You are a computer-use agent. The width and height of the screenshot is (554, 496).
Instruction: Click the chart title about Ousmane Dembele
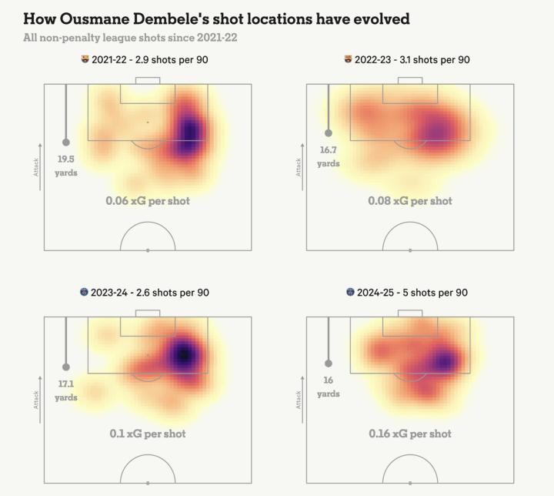click(x=216, y=18)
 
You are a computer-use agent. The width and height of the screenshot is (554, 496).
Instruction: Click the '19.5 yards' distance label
click(x=66, y=166)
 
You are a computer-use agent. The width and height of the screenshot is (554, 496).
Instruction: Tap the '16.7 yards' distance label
click(x=329, y=157)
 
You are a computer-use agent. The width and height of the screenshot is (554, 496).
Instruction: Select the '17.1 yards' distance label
click(x=66, y=390)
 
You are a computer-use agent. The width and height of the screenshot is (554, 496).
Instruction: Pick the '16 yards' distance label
click(x=329, y=387)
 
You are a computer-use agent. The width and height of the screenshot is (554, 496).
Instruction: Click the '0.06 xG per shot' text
click(x=148, y=201)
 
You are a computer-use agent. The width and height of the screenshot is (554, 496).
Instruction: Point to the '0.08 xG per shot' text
click(x=410, y=201)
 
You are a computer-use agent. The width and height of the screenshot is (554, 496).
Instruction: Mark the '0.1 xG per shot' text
click(x=148, y=434)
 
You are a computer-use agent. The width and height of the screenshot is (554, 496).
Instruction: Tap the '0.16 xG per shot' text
click(x=410, y=434)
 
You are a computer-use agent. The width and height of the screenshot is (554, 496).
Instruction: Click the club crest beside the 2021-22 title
click(x=85, y=59)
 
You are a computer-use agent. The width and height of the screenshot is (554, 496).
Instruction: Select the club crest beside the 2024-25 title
click(x=350, y=293)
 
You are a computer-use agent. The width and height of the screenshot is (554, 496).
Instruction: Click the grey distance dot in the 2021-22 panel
click(x=66, y=142)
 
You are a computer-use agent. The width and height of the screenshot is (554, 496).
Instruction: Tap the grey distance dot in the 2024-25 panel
click(x=329, y=364)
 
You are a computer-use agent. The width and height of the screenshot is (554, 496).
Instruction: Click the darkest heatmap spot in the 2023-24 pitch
click(x=183, y=354)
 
